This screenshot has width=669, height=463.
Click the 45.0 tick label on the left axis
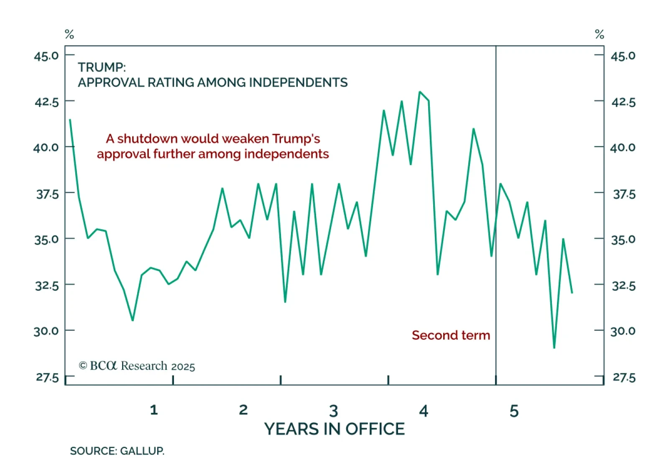[46, 56]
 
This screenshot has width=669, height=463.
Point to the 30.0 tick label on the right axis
[623, 331]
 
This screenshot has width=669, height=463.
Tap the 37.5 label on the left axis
[47, 194]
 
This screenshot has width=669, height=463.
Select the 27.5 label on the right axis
[624, 378]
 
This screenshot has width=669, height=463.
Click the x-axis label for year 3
[333, 411]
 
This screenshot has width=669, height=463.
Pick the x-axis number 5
[514, 411]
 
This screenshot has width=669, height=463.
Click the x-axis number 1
[154, 410]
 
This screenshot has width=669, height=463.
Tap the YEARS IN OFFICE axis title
[334, 429]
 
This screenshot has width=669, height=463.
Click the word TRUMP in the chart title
[101, 67]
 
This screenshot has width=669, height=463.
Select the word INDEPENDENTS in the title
[298, 82]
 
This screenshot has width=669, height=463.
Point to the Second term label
[451, 335]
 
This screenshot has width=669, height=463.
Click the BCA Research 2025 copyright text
[137, 366]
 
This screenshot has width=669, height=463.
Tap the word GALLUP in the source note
[142, 451]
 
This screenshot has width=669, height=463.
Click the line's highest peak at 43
[420, 92]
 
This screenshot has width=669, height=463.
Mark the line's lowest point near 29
[554, 348]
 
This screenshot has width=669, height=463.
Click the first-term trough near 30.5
[133, 320]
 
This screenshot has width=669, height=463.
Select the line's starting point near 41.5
[70, 120]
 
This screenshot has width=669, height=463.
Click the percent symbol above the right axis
[599, 34]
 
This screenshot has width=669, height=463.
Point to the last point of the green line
[572, 293]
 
